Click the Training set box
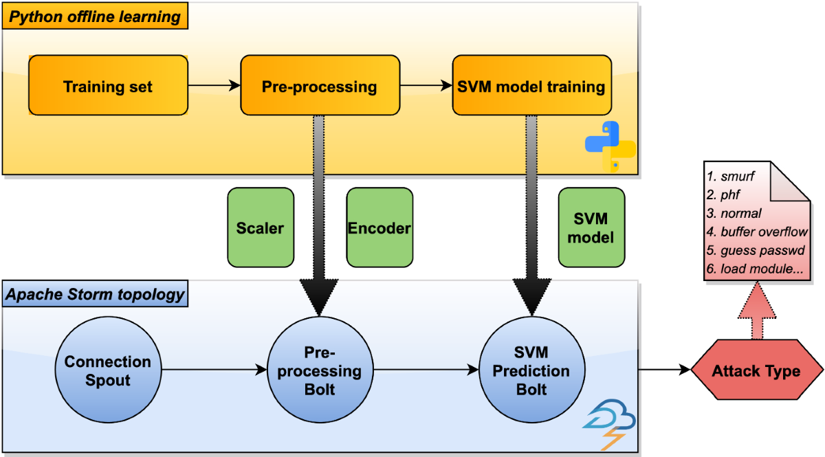[x=109, y=85]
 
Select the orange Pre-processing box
[x=320, y=85]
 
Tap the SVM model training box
[x=532, y=85]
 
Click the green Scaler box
[x=261, y=227]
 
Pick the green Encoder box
[x=379, y=227]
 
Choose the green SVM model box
[x=591, y=227]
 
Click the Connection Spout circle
[x=109, y=370]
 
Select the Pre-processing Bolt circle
[x=320, y=370]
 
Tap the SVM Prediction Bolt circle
[x=532, y=370]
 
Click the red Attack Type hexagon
[x=757, y=370]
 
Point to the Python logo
[x=610, y=146]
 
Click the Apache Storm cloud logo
[x=609, y=424]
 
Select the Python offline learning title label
[x=95, y=16]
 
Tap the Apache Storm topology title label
[x=95, y=293]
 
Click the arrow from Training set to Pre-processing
[x=214, y=85]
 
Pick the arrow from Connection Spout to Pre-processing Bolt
[x=214, y=370]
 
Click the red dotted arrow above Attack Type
[x=757, y=310]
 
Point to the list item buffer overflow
[x=764, y=232]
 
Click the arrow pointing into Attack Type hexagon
[x=664, y=369]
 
